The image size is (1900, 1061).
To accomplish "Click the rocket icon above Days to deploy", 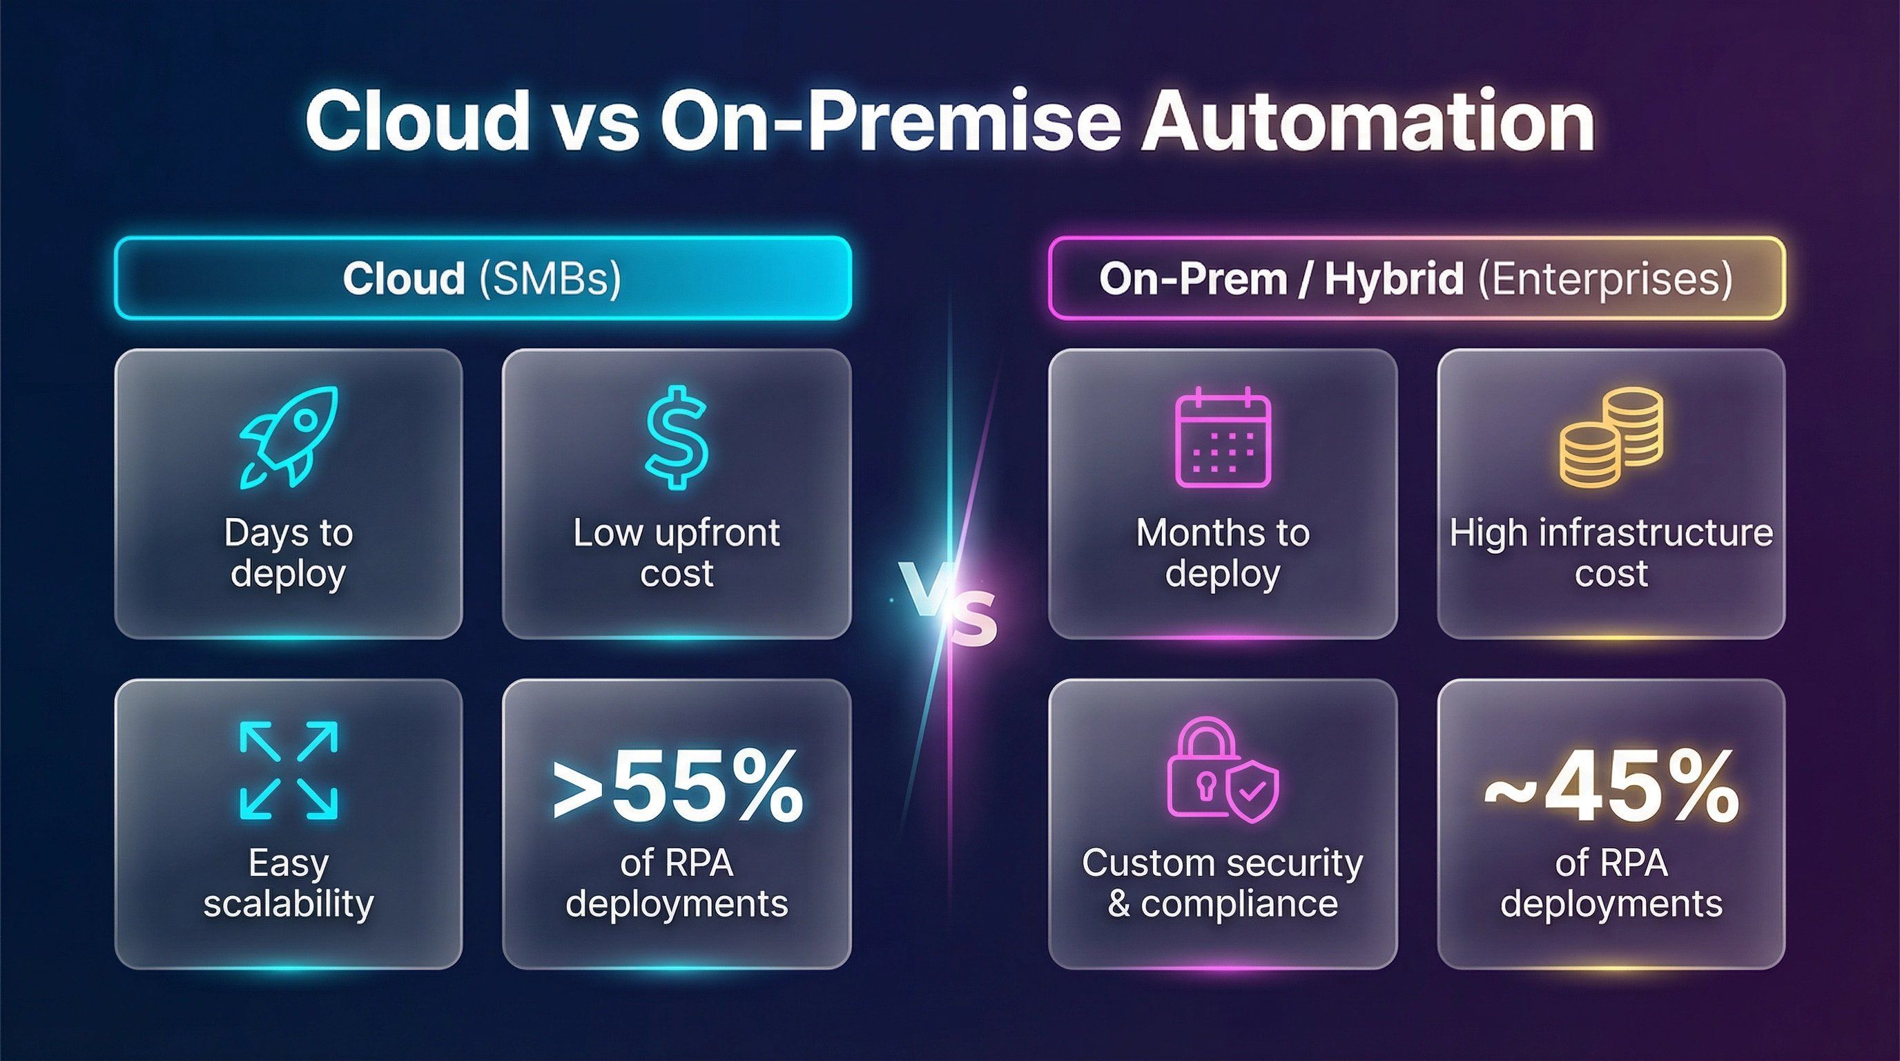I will (x=289, y=436).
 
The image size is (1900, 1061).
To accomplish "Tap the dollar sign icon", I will (x=677, y=437).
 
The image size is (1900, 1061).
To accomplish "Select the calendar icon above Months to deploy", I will (x=1222, y=437).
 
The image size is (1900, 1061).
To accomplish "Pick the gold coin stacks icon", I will (x=1611, y=437).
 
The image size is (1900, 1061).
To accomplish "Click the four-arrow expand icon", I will (x=289, y=770).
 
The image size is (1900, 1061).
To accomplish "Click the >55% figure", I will (x=677, y=785).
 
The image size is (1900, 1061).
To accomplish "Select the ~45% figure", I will (x=1611, y=787).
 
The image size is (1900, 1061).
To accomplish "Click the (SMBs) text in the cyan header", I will (x=550, y=279).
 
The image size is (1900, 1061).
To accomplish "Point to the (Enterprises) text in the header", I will (x=1605, y=279).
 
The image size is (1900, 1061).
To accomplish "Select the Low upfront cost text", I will (x=677, y=552).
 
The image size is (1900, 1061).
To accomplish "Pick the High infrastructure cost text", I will (x=1611, y=552).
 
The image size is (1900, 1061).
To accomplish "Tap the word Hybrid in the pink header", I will (x=1393, y=279).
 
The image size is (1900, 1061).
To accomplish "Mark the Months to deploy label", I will (x=1222, y=552).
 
